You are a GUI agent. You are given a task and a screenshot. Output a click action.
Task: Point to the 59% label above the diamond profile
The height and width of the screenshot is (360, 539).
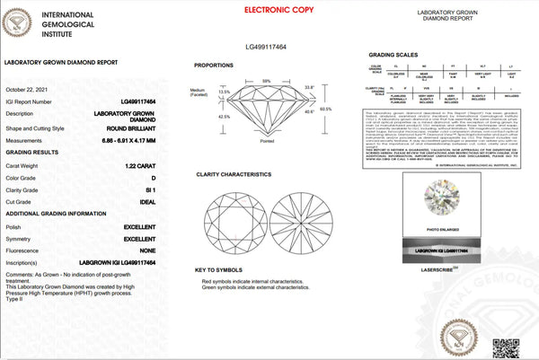point(266,82)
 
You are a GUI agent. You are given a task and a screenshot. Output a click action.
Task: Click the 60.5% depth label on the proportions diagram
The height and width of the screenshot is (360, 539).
point(325,109)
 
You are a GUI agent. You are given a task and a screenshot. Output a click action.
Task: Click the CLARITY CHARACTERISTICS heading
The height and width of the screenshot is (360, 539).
point(235,172)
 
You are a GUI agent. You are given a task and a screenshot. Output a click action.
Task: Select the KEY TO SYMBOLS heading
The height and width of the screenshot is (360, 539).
point(218,268)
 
